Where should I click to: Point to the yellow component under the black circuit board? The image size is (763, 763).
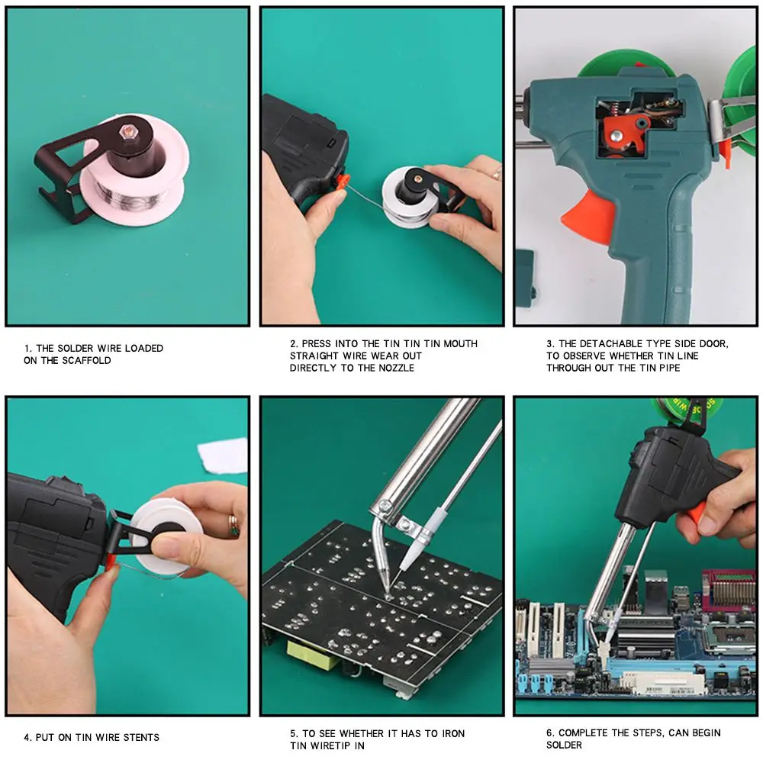pos(313,655)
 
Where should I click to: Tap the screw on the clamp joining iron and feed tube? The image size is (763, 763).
pos(386,506)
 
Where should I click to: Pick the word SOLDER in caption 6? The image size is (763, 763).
pos(564,745)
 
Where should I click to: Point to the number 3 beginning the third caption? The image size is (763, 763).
pos(549,343)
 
